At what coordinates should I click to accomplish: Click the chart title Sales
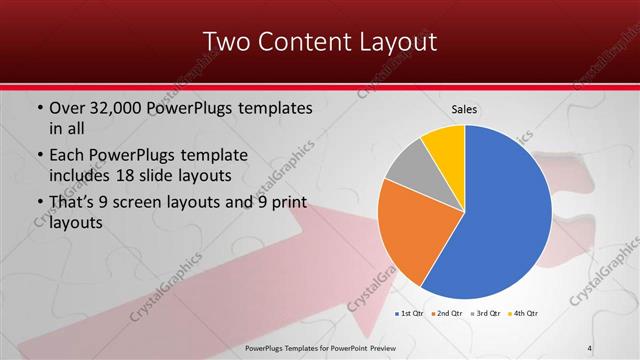(x=464, y=109)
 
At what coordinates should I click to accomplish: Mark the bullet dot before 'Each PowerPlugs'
(x=39, y=156)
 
